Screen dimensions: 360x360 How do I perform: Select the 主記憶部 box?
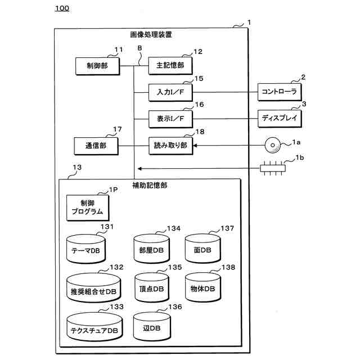coord(170,65)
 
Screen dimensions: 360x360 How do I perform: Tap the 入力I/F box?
coord(170,92)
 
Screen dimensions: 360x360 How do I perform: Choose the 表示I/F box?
coord(170,119)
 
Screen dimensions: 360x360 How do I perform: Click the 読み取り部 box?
coord(170,146)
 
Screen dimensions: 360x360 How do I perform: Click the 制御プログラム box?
coord(87,208)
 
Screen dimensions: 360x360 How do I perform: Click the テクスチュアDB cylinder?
coord(94,327)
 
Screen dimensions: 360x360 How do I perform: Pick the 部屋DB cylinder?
coord(151,248)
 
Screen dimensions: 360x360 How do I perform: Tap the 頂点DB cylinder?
coord(151,287)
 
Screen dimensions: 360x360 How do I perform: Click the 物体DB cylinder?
coord(202,286)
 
